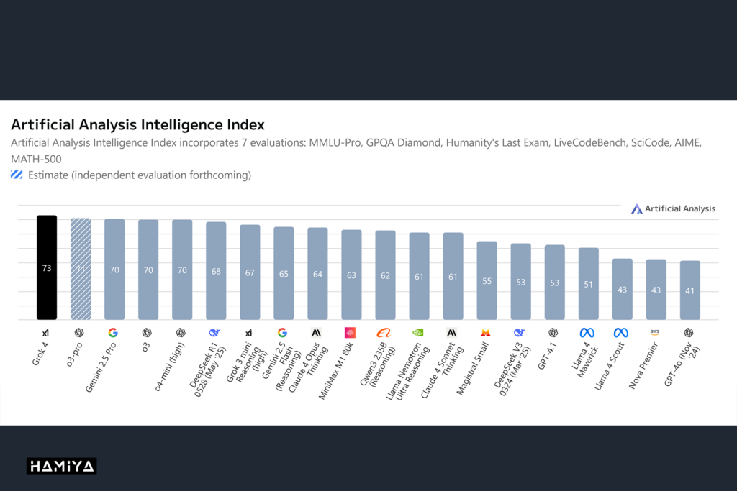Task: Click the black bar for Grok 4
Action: coord(47,267)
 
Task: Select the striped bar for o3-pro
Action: coord(81,269)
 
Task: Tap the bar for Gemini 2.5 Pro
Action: coord(114,270)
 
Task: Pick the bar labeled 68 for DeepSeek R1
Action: coord(216,271)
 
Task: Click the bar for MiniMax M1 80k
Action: coord(351,275)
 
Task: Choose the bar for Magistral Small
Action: coord(487,280)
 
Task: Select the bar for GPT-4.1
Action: coord(554,283)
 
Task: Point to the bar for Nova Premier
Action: coord(656,290)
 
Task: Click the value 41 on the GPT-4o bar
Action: coord(689,290)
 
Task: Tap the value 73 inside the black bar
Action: coord(47,268)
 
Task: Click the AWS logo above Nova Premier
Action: coord(655,332)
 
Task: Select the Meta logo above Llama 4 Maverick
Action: coord(587,333)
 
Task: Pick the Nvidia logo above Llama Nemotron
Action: coord(417,333)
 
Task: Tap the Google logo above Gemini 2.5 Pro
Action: coord(113,333)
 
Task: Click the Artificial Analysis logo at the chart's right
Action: coord(673,208)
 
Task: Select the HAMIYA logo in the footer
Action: coord(62,467)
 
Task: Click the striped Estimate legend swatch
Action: coord(17,174)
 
